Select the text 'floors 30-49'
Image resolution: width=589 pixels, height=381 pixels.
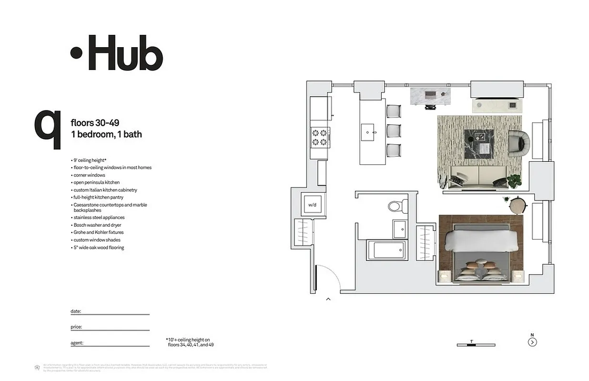point(95,123)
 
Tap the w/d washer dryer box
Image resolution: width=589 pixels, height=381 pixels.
point(312,205)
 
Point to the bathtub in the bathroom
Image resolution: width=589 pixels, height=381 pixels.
point(386,250)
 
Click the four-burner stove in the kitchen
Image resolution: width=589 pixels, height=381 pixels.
point(319,137)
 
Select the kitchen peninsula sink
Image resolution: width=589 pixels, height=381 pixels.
point(368,131)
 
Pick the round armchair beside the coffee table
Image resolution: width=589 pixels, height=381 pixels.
point(518,143)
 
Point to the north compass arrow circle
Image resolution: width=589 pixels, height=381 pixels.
point(532,342)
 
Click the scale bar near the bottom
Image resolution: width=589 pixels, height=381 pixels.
point(476,344)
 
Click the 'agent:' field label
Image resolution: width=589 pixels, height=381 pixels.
point(77,342)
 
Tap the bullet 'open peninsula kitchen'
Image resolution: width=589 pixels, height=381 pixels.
point(96,182)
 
